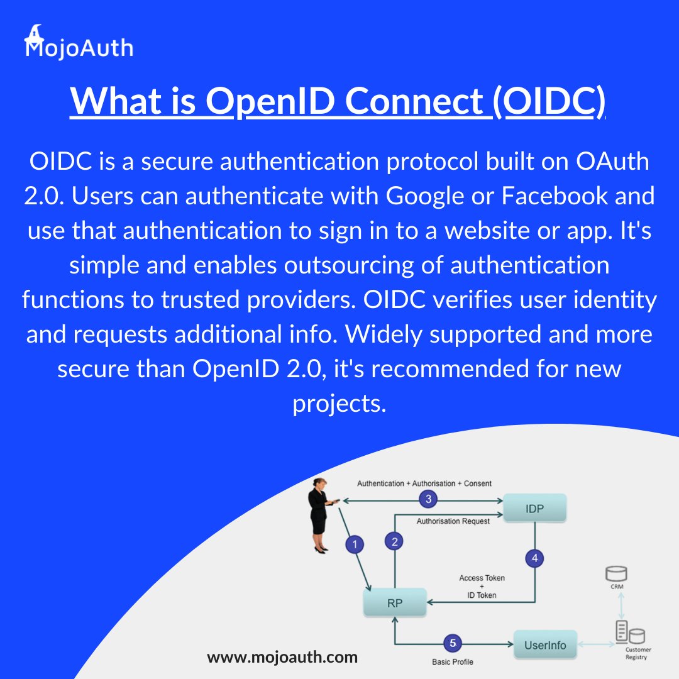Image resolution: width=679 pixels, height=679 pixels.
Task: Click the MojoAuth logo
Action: (79, 43)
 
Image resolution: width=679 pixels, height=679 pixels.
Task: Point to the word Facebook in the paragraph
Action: (555, 196)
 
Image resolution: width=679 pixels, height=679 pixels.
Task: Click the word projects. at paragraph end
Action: (339, 403)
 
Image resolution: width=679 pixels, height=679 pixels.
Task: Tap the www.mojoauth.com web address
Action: (282, 658)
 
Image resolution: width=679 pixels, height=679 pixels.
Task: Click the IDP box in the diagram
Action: (535, 508)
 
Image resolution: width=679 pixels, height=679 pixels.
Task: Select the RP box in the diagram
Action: (395, 603)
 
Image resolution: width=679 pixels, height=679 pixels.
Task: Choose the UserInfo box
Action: (545, 644)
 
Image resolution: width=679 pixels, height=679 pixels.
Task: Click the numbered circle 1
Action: (355, 544)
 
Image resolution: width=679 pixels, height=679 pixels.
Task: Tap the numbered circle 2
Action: (395, 542)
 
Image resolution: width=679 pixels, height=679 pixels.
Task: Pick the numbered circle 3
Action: (428, 500)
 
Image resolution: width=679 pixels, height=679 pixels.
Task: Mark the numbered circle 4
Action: (534, 558)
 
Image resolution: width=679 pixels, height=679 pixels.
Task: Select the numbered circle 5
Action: (453, 643)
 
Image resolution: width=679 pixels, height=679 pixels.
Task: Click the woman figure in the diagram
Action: (319, 516)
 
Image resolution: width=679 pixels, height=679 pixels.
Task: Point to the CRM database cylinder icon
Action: (616, 574)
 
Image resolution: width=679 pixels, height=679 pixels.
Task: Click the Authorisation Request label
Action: (453, 521)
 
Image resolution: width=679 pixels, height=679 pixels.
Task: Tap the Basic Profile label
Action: (453, 662)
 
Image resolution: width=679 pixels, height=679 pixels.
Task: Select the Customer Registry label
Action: (638, 653)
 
